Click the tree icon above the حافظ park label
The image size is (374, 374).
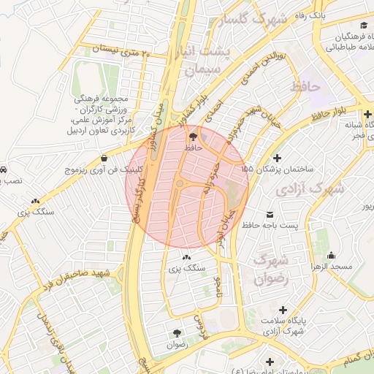[193, 136]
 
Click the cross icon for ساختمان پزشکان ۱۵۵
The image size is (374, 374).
[276, 158]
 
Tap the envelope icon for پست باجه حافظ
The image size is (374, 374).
[271, 215]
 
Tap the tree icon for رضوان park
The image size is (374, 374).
[177, 332]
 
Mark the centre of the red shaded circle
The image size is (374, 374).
[187, 187]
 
